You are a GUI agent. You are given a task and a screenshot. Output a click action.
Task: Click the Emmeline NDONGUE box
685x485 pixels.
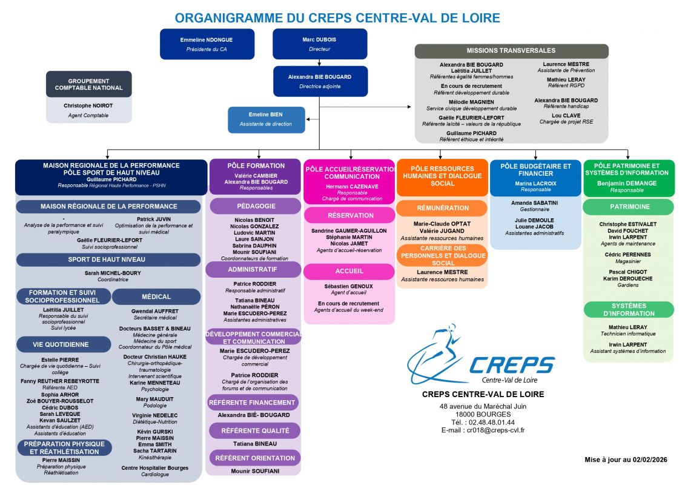[207, 44]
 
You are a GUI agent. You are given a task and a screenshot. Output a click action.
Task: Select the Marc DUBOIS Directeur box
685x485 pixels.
[320, 44]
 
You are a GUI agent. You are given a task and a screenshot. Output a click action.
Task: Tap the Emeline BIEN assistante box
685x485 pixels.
[266, 119]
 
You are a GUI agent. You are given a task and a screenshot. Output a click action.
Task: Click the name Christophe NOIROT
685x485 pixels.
[88, 106]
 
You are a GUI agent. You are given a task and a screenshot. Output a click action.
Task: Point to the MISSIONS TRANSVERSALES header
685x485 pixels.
[511, 51]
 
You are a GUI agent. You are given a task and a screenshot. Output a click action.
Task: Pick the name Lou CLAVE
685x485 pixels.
[566, 115]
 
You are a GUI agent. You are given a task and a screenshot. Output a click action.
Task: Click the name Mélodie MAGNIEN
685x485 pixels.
[471, 102]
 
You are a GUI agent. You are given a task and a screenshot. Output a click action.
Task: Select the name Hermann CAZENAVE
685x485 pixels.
[352, 186]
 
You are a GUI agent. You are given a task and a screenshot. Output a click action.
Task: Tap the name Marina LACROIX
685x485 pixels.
[535, 183]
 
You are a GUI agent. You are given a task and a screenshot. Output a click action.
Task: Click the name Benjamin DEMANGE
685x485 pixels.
[627, 183]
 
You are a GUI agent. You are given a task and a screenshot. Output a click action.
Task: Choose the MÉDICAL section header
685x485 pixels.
[156, 296]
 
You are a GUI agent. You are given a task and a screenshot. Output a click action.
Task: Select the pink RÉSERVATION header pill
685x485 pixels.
[349, 215]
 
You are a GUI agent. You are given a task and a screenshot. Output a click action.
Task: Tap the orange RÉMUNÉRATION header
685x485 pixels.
[442, 208]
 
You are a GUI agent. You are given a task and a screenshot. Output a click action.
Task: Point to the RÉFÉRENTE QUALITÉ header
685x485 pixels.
[255, 431]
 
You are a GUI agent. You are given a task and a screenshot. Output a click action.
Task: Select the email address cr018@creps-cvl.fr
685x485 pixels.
[495, 430]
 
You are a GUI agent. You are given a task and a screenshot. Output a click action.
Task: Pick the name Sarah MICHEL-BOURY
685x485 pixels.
[113, 273]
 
